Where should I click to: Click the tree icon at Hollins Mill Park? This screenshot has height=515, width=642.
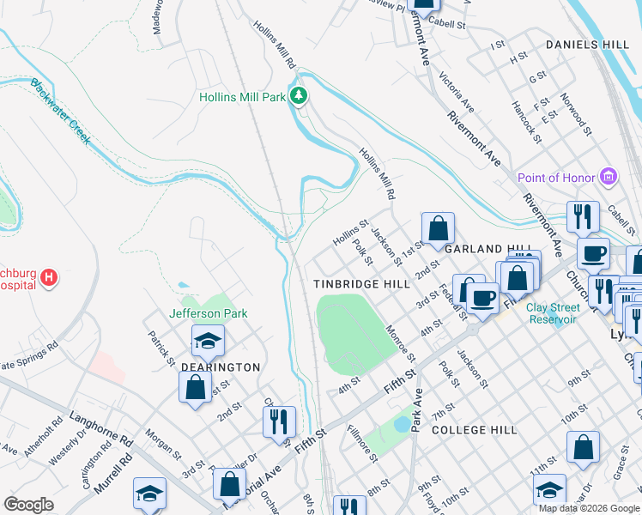pyautogui.click(x=299, y=95)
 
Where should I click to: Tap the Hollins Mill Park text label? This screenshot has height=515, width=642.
pyautogui.click(x=242, y=97)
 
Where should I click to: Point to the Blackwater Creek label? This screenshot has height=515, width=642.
pyautogui.click(x=60, y=112)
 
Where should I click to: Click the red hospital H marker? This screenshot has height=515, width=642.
pyautogui.click(x=50, y=277)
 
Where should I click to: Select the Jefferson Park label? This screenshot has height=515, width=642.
pyautogui.click(x=209, y=313)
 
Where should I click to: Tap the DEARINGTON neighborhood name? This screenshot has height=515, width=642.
pyautogui.click(x=221, y=367)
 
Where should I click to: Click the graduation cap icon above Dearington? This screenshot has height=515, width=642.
pyautogui.click(x=208, y=341)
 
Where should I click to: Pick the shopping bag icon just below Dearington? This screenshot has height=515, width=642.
pyautogui.click(x=195, y=386)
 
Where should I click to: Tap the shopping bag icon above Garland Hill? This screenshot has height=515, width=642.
pyautogui.click(x=438, y=228)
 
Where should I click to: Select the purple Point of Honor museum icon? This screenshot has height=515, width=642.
pyautogui.click(x=609, y=177)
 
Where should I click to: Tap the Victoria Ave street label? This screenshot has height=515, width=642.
pyautogui.click(x=457, y=92)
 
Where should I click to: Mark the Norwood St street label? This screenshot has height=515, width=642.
pyautogui.click(x=576, y=115)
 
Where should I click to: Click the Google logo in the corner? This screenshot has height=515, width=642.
pyautogui.click(x=28, y=505)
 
